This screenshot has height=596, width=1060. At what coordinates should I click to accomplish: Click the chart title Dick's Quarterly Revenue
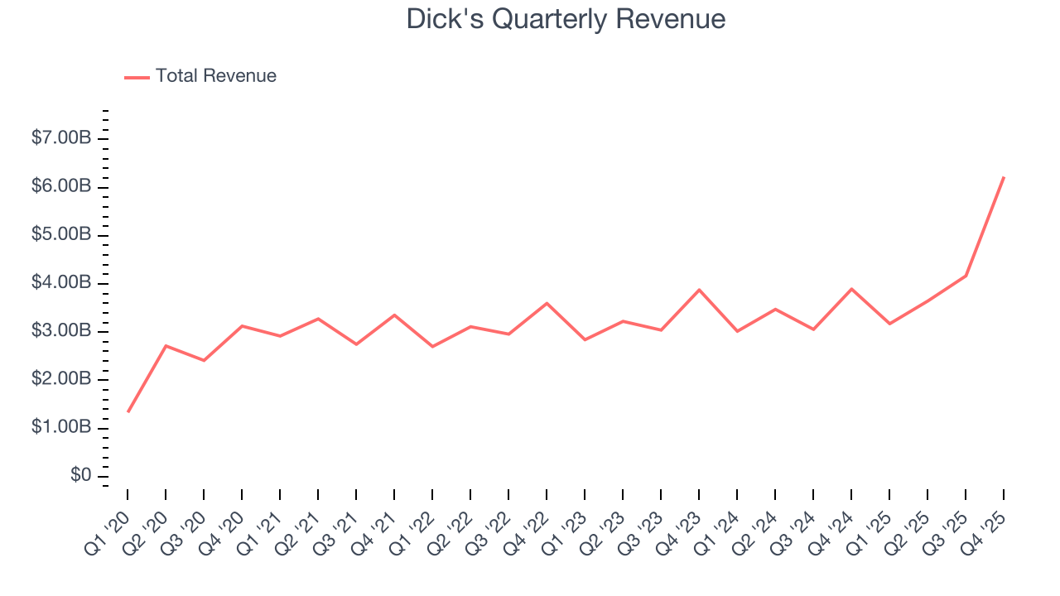[x=566, y=18]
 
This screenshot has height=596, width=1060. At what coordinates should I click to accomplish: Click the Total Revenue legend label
[x=215, y=76]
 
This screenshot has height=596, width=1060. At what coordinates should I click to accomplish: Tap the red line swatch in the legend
[x=137, y=77]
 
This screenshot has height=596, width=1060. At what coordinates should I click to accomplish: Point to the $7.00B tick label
[x=61, y=138]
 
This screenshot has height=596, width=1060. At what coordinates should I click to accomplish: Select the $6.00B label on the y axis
[x=61, y=186]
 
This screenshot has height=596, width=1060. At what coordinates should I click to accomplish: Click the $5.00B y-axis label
[x=61, y=234]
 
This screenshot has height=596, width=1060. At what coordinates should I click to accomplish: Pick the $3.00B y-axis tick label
[x=61, y=331]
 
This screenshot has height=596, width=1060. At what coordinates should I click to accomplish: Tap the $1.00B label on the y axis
[x=61, y=427]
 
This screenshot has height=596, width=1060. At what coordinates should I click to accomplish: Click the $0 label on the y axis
[x=81, y=475]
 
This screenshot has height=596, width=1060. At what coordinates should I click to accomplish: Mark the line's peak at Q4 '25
[x=1004, y=177]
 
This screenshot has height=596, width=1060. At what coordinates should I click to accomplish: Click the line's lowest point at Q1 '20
[x=128, y=411]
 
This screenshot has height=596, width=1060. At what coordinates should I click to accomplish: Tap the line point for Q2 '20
[x=166, y=346]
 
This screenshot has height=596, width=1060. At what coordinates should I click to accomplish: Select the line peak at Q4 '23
[x=699, y=290]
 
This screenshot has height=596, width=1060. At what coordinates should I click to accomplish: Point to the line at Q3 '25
[x=966, y=276]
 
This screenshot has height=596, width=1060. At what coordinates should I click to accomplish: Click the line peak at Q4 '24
[x=851, y=289]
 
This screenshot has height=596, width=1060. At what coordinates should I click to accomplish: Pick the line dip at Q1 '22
[x=432, y=346]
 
